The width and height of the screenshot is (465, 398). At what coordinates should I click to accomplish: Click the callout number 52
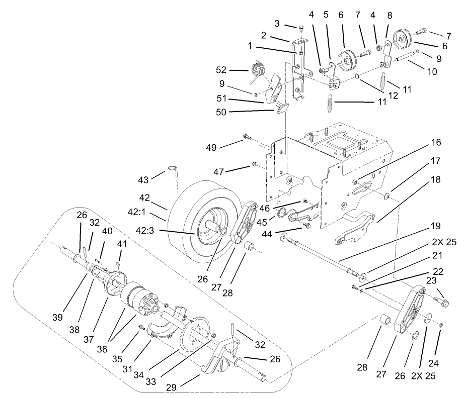235,70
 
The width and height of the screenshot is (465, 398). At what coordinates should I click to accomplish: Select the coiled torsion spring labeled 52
258,68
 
